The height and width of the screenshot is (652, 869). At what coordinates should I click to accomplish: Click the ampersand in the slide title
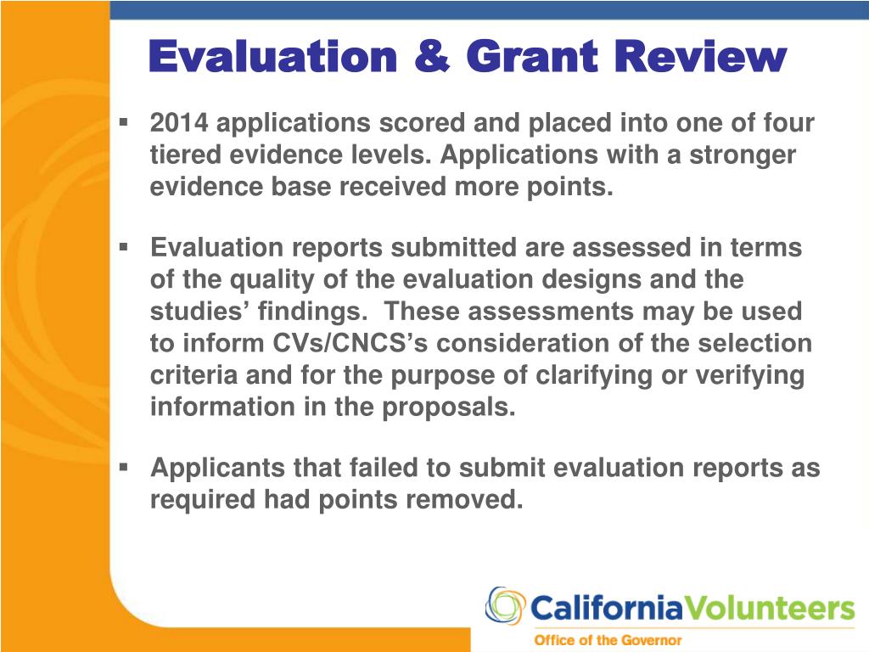tap(432, 58)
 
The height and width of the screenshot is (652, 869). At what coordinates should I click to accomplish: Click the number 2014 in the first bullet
tap(178, 124)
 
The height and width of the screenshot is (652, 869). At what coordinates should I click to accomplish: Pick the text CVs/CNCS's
tap(328, 344)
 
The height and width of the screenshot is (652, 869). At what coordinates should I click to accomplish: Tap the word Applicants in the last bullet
tap(217, 468)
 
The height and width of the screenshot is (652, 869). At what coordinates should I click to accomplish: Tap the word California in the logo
tap(606, 609)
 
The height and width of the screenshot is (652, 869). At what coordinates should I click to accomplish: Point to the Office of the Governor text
tap(607, 640)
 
